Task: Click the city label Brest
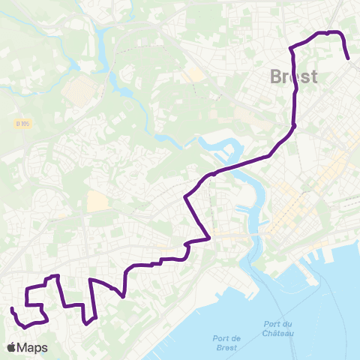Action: point(293,76)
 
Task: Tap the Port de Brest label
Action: point(221,342)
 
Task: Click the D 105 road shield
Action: point(22,123)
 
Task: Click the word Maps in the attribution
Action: point(32,348)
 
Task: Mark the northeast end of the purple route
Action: point(349,58)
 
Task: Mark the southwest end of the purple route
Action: point(13,309)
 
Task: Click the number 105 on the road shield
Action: point(24,123)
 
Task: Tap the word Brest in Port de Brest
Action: point(221,347)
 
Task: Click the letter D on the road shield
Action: point(17,123)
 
